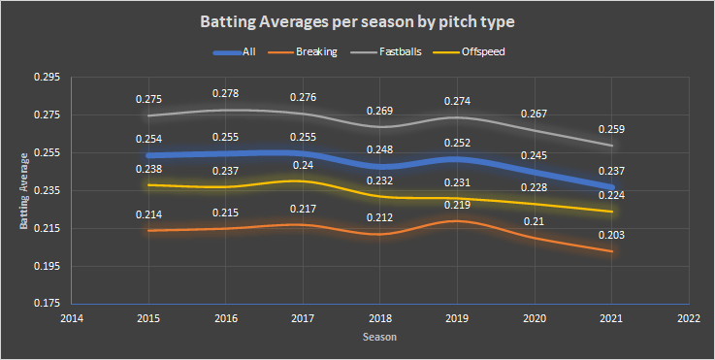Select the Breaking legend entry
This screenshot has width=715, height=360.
tap(300, 52)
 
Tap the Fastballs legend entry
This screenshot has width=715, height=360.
tap(386, 52)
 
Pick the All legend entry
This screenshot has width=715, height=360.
tap(235, 52)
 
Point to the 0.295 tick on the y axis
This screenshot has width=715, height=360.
tap(47, 77)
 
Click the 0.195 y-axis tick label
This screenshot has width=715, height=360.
tap(47, 266)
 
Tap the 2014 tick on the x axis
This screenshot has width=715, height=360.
tap(72, 318)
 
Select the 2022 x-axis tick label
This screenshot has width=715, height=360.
tap(689, 318)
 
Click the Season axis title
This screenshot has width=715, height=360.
tap(380, 337)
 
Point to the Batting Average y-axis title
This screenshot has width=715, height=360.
tap(23, 191)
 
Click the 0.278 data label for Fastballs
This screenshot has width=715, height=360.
tap(226, 93)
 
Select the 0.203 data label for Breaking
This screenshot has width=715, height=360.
tap(611, 236)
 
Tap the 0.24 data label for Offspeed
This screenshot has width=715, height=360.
tap(303, 165)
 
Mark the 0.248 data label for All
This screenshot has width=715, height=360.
tap(380, 149)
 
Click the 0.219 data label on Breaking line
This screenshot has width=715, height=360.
tap(457, 205)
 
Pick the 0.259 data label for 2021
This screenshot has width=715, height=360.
tap(611, 129)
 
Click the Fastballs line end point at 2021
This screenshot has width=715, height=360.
tap(612, 146)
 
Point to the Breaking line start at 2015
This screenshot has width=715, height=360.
tap(148, 230)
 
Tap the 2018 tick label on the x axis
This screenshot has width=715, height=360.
tap(380, 318)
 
